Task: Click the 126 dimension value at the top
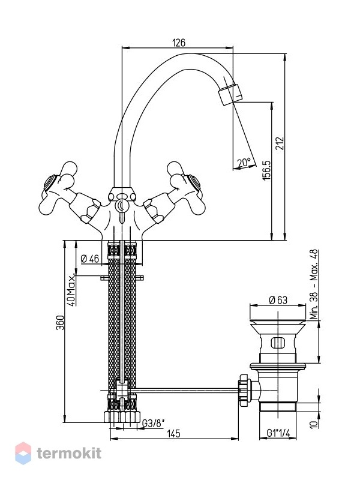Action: tap(179, 43)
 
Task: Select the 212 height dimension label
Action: tap(280, 143)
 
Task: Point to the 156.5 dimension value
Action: tap(267, 170)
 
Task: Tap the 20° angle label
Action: tap(244, 162)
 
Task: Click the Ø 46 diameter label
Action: tap(90, 259)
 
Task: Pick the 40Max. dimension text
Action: tap(71, 290)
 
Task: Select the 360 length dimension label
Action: tap(61, 323)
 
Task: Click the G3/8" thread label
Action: tap(154, 423)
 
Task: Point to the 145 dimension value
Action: tap(174, 433)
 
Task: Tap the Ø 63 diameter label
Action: tap(278, 300)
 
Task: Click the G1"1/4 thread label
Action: tap(278, 433)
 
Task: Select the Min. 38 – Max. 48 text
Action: tap(314, 284)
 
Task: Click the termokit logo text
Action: tap(69, 453)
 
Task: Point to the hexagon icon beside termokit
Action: tap(23, 453)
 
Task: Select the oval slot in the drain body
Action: tap(278, 343)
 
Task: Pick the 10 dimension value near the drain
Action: tap(313, 424)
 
